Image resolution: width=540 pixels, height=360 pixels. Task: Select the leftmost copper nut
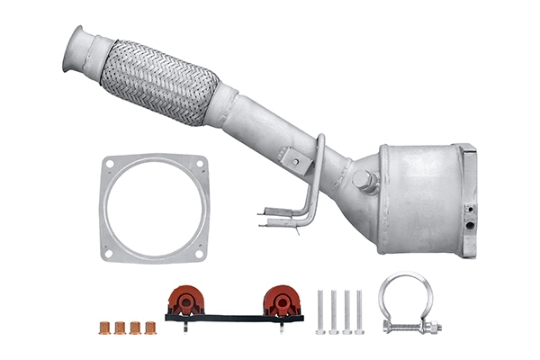pyautogui.click(x=103, y=327)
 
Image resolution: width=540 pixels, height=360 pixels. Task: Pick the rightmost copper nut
pyautogui.click(x=149, y=327)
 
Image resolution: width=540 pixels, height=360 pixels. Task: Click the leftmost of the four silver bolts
pyautogui.click(x=321, y=311)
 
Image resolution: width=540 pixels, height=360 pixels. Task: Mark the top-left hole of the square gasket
pyautogui.click(x=110, y=165)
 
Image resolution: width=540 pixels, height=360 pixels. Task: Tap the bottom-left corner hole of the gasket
pyautogui.click(x=109, y=253)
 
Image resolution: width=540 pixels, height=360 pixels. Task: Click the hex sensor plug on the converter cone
pyautogui.click(x=365, y=180)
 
